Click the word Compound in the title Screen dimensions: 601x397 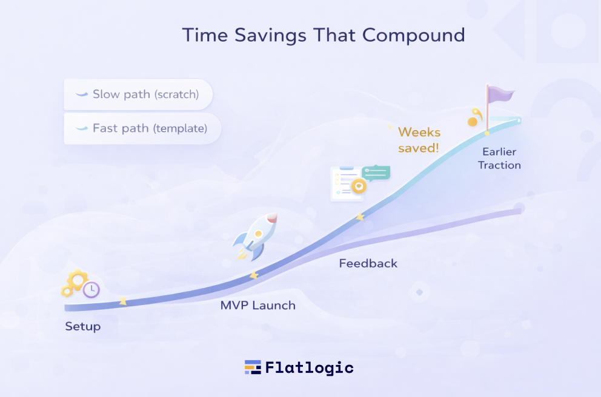[x=414, y=36]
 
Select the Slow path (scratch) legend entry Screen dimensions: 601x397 [x=138, y=94]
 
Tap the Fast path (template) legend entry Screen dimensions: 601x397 [x=142, y=129]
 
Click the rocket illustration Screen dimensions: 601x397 [x=255, y=237]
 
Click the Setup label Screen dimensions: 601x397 [x=83, y=327]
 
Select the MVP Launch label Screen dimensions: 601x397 [x=258, y=306]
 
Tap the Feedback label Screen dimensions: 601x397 [x=368, y=263]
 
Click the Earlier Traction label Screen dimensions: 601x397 [x=499, y=159]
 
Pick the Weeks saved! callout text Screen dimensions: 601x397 [x=419, y=140]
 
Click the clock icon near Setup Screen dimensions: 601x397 [x=91, y=290]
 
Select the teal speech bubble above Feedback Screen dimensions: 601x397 [x=376, y=173]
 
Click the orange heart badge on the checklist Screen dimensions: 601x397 [x=359, y=186]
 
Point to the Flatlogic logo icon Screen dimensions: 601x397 [x=253, y=367]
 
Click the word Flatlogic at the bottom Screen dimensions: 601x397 [x=310, y=368]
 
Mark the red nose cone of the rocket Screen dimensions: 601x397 [x=272, y=218]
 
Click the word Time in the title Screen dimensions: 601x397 [x=205, y=35]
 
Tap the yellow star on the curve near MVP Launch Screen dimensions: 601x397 [x=254, y=275]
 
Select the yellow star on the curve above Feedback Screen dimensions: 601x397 [x=360, y=217]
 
